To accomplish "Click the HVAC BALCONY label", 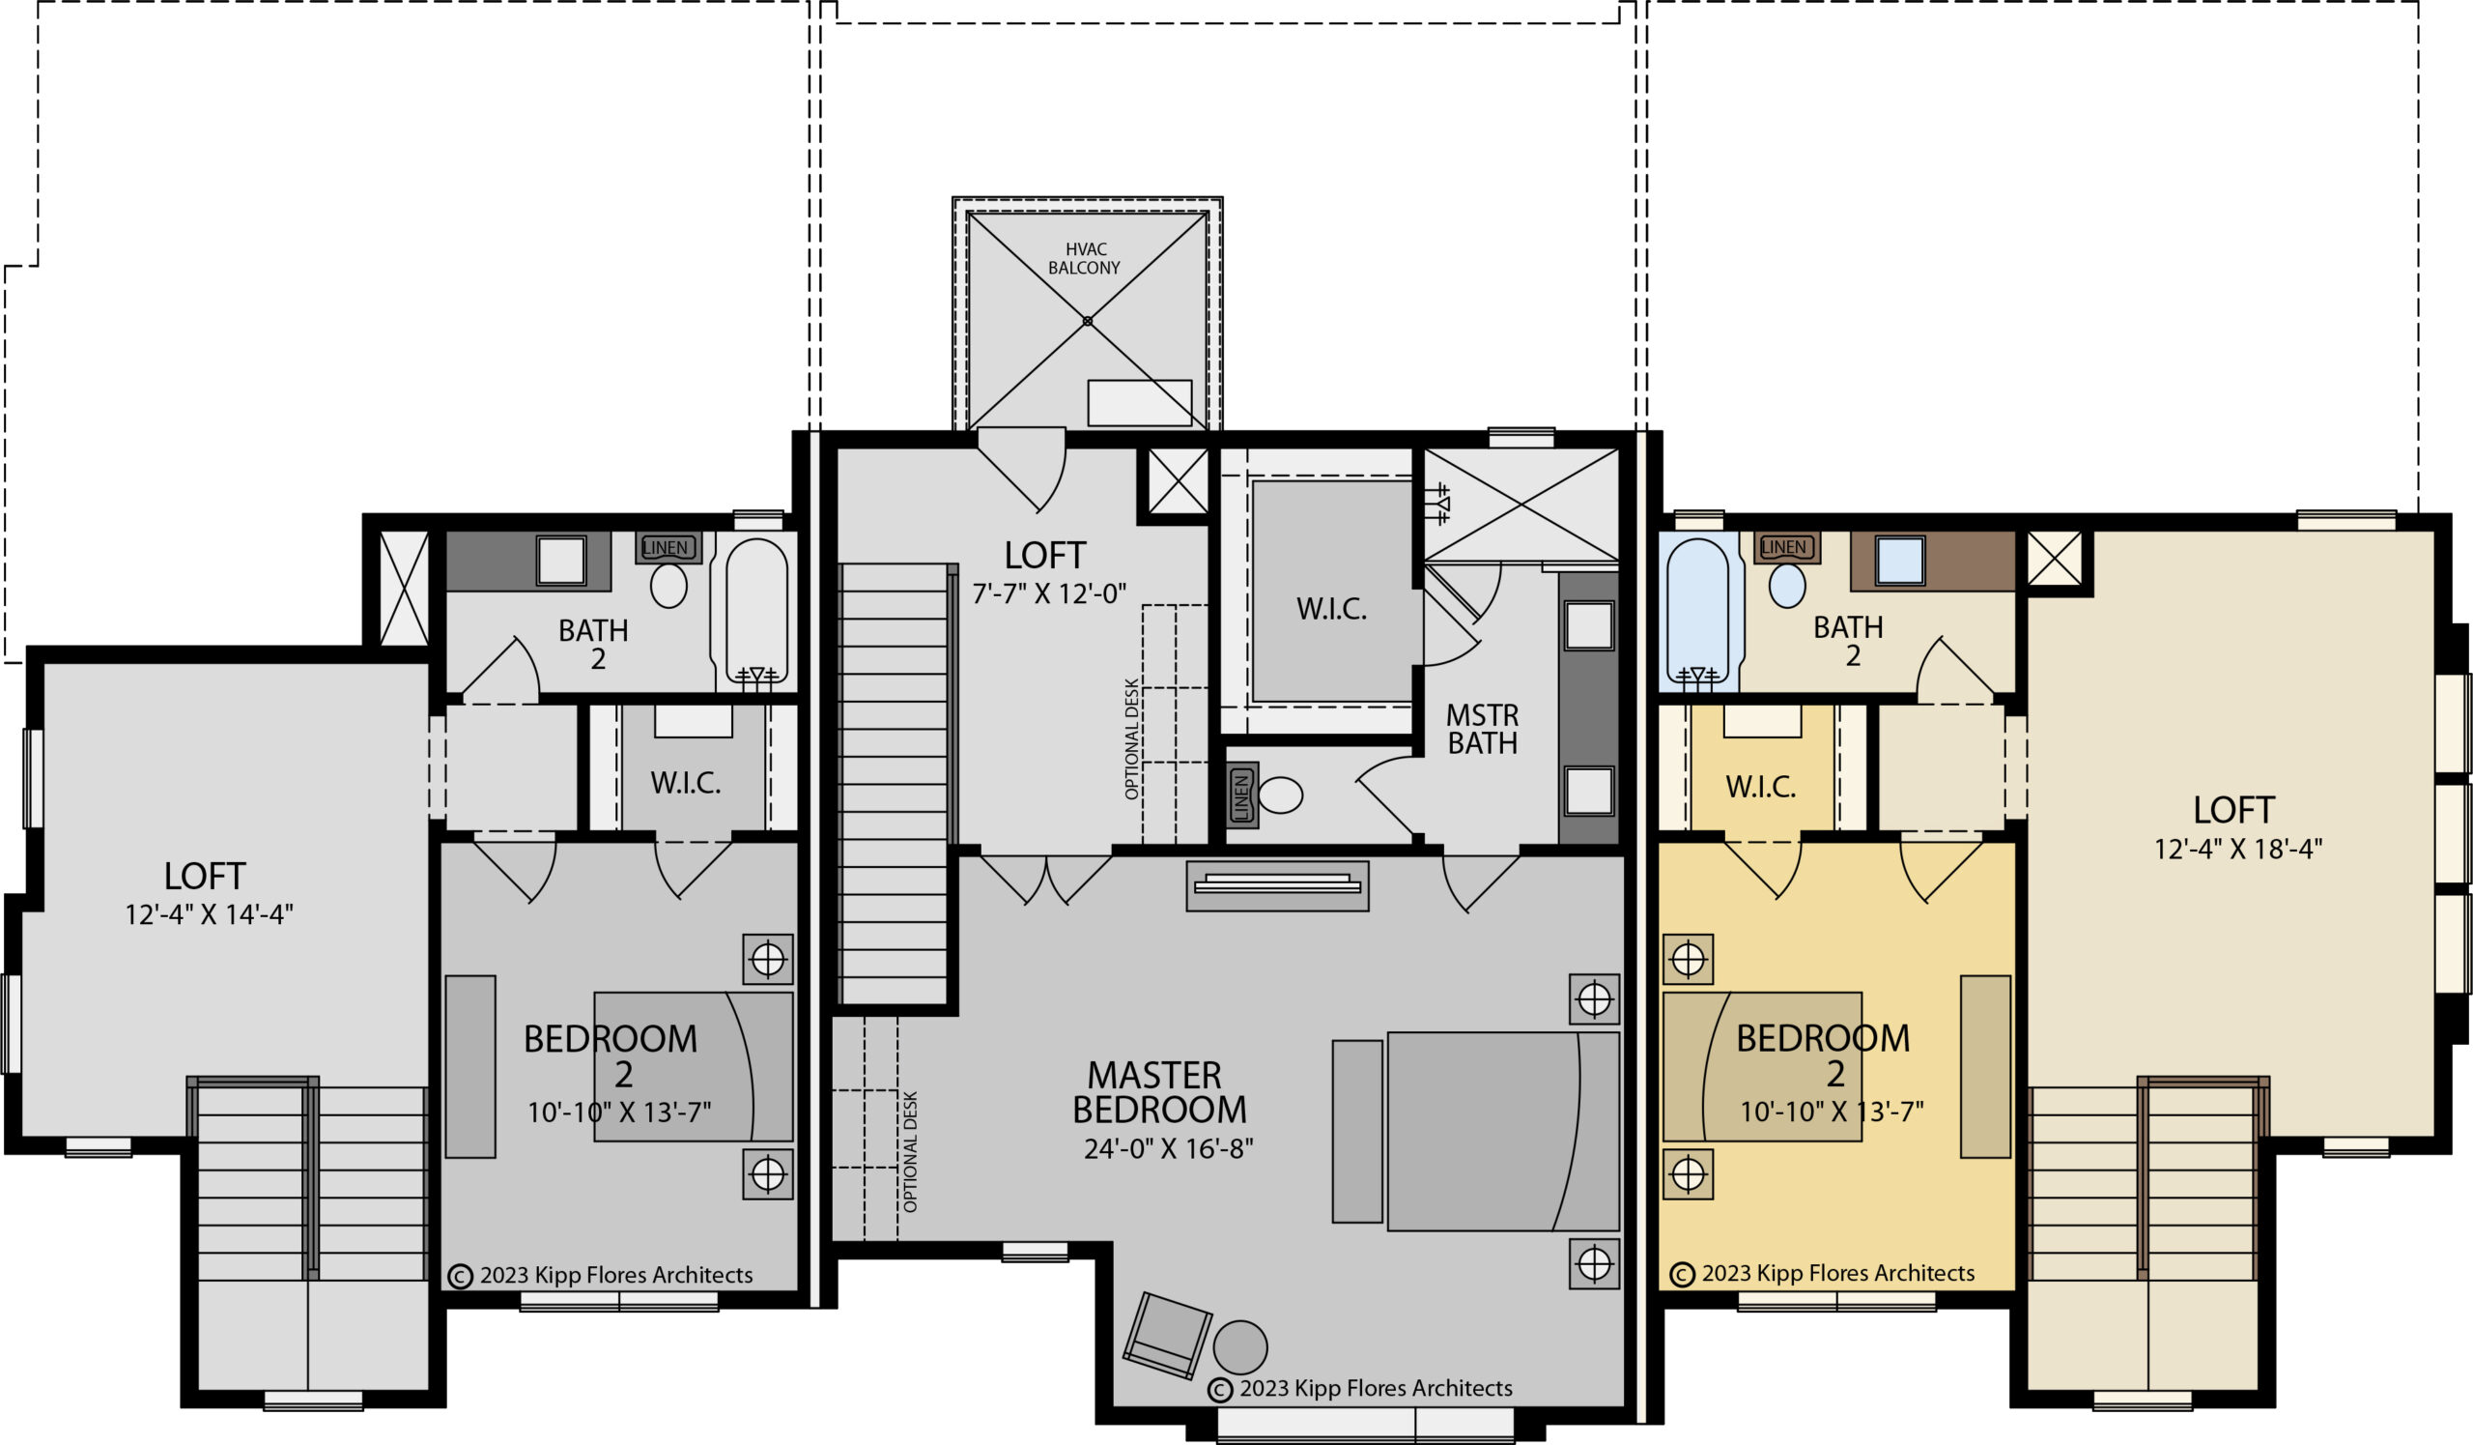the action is (x=1085, y=258).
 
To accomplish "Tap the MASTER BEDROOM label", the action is (x=1159, y=1092).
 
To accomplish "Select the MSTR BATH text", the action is (x=1482, y=730).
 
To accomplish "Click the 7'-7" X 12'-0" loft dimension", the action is (x=1049, y=593).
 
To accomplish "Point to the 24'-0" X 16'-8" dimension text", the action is (x=1168, y=1148).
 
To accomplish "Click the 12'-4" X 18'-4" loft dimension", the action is (x=2237, y=849).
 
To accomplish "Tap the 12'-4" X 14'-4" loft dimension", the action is (x=208, y=914).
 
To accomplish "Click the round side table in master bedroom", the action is (x=1240, y=1346).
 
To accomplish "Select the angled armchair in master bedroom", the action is (x=1167, y=1335).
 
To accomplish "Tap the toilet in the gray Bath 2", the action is (x=668, y=586).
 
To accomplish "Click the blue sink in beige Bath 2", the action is (x=1900, y=560).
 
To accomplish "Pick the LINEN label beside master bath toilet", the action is (x=1242, y=795).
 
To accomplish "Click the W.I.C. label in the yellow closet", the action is (x=1760, y=787).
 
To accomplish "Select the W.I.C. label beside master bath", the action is (x=1331, y=609).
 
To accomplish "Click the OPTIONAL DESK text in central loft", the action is (x=1131, y=738).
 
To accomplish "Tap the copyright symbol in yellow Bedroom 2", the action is (x=1682, y=1274).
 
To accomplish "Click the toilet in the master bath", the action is (x=1280, y=795).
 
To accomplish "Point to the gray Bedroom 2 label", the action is (x=611, y=1055).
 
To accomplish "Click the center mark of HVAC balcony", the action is (x=1088, y=321).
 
